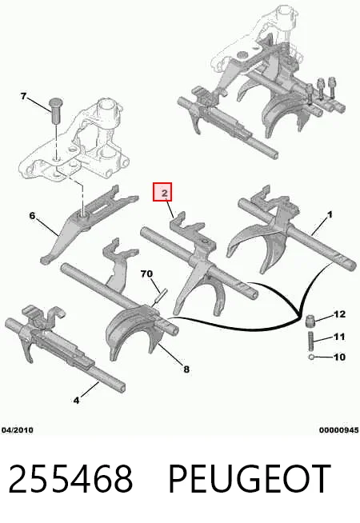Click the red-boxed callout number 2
click(164, 193)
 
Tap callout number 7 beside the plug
click(23, 97)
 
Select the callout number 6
click(32, 215)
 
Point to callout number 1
click(330, 215)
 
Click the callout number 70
click(146, 273)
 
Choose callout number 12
click(340, 313)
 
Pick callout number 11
click(339, 337)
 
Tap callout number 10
click(340, 357)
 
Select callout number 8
click(186, 369)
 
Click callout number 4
click(77, 400)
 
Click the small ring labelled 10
click(311, 357)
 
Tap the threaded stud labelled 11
click(310, 340)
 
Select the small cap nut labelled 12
click(310, 321)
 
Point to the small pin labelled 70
click(159, 297)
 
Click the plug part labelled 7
click(56, 110)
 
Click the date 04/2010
click(18, 430)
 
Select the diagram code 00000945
click(339, 430)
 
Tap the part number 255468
click(70, 479)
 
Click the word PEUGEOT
click(250, 479)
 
